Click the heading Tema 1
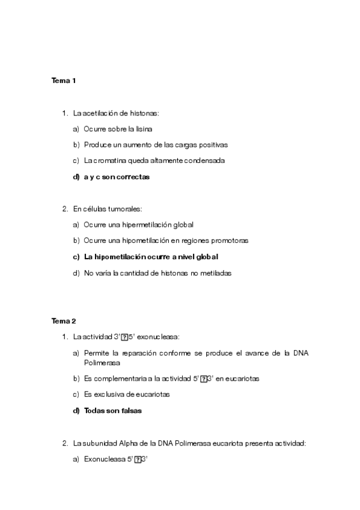click(63, 80)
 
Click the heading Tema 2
click(63, 321)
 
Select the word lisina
click(144, 129)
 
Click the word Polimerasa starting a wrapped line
click(102, 363)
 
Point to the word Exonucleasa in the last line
click(103, 459)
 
